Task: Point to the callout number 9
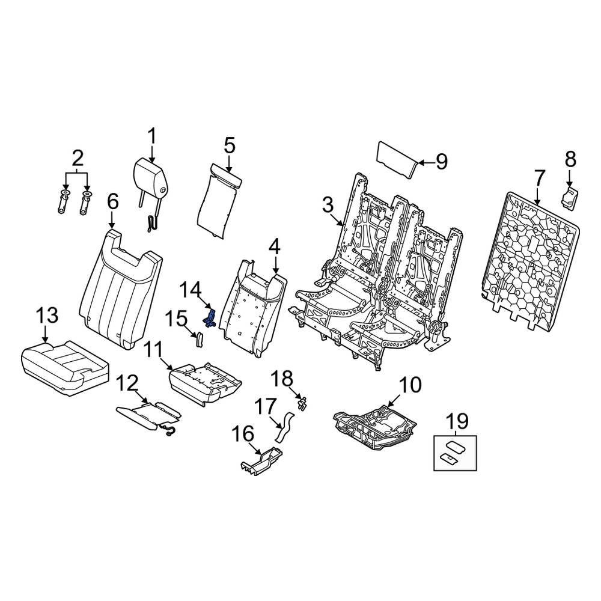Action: coord(441,162)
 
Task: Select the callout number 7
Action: coord(539,178)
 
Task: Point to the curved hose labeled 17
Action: coord(282,426)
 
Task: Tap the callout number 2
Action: coord(78,159)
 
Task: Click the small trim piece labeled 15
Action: coord(198,340)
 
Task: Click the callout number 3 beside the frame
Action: coord(328,206)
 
